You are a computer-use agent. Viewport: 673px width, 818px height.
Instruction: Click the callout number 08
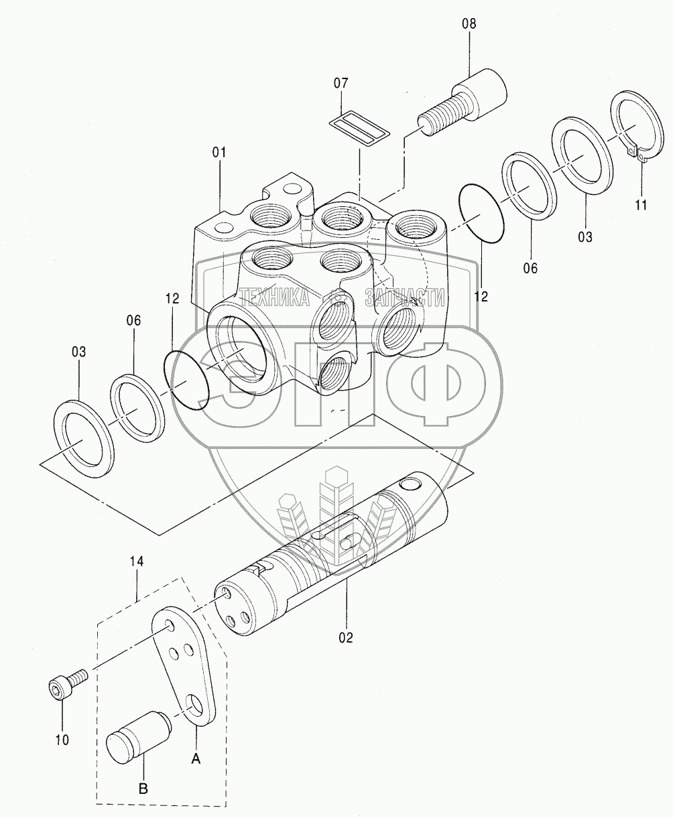[469, 23]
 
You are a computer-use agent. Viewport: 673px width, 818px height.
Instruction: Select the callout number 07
[341, 82]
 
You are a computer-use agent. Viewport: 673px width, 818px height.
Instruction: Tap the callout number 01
[219, 153]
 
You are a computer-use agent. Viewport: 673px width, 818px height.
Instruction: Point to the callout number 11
[641, 204]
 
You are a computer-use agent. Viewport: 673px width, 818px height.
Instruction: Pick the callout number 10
[62, 740]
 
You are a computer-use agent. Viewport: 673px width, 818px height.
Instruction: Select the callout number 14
[137, 561]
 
